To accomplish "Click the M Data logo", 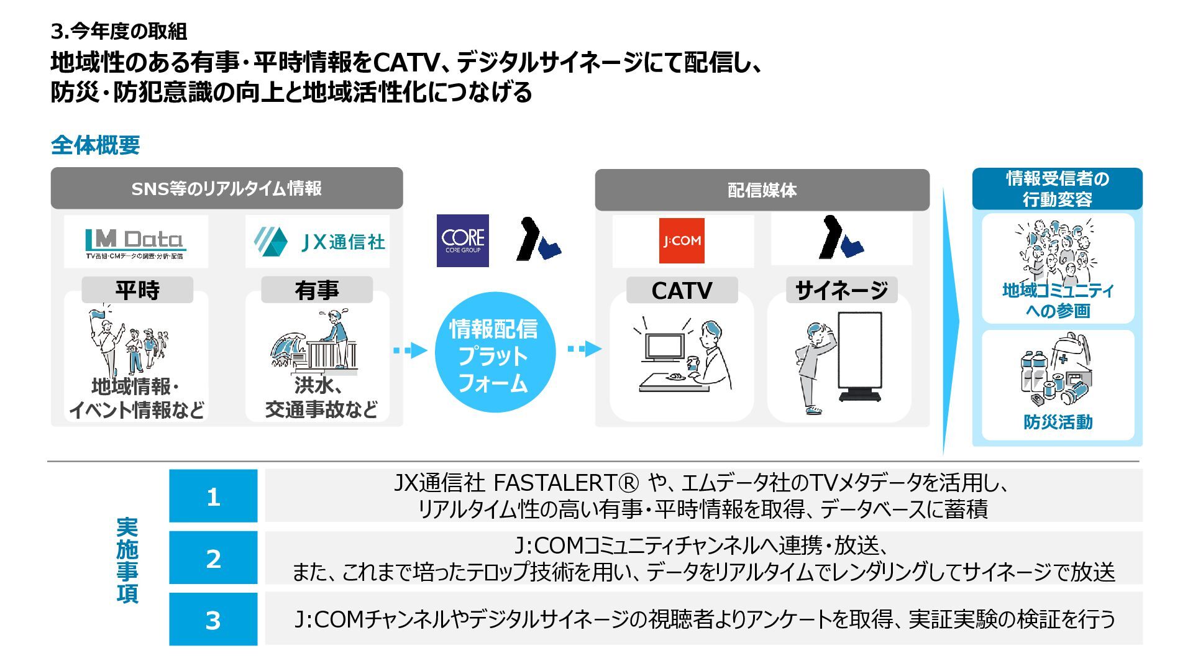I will click(x=135, y=242).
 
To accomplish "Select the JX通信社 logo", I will click(x=319, y=242).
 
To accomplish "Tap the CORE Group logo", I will click(x=462, y=240).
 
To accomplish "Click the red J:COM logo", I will click(x=682, y=240).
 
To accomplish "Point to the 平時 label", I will click(x=137, y=290).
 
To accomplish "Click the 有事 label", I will click(x=317, y=290).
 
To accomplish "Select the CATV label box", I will click(x=682, y=290).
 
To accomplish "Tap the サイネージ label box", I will click(x=841, y=290).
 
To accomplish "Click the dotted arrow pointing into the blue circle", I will click(x=410, y=350).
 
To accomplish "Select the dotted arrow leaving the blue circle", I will click(x=584, y=349).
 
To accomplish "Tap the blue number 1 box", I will click(x=213, y=496).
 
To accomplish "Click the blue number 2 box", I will click(x=213, y=558).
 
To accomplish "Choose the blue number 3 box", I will click(x=213, y=619).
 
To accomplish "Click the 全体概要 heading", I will click(x=95, y=145).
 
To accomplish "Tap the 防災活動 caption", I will click(x=1058, y=422).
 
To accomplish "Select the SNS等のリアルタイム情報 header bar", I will click(x=226, y=188).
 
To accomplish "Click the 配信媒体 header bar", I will click(x=762, y=190).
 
